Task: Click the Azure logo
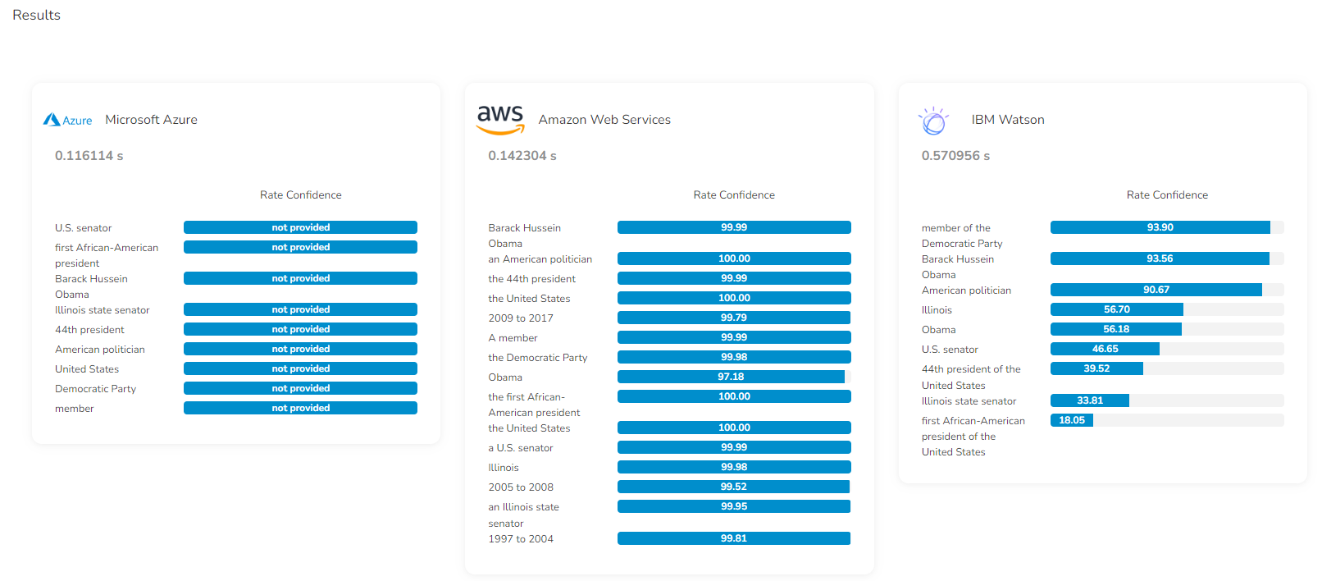coord(67,120)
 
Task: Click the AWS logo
coord(500,119)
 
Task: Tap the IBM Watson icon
coord(933,121)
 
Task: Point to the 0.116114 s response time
coord(89,156)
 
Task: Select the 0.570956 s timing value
coord(955,156)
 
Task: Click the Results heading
coord(36,15)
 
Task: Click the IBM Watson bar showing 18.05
coord(1071,420)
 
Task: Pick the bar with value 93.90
coord(1160,227)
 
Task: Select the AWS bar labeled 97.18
coord(731,377)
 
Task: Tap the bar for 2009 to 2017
coord(734,318)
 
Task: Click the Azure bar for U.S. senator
coord(300,227)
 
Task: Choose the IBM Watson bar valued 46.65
coord(1105,349)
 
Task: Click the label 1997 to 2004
coord(521,539)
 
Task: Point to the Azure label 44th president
coord(89,330)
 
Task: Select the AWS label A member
coord(513,338)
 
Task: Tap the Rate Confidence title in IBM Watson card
coord(1167,195)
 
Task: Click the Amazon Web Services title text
coord(604,120)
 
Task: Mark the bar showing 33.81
coord(1090,400)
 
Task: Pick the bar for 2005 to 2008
coord(734,487)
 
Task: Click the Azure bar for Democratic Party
coord(300,388)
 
